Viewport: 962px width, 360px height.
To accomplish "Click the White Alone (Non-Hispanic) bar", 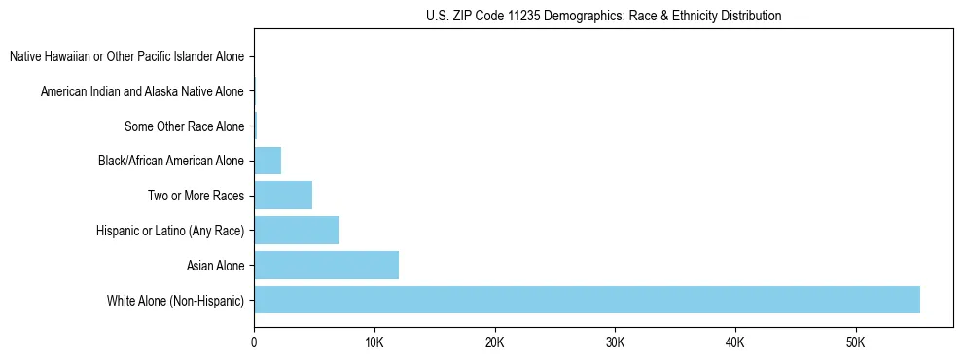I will click(x=587, y=300).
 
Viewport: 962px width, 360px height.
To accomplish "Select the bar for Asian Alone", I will click(x=326, y=265).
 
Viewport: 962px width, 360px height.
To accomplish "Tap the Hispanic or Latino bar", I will click(x=297, y=230).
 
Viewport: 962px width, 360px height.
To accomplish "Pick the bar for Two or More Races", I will click(x=283, y=195).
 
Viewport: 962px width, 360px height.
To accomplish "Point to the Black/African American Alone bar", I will click(x=267, y=161).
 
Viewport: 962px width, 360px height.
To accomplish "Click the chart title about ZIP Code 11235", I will click(x=603, y=16).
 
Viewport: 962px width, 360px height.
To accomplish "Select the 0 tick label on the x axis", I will click(x=254, y=342).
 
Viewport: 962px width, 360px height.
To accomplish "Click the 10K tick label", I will click(x=374, y=342).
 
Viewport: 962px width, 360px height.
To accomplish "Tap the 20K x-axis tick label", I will click(x=494, y=342).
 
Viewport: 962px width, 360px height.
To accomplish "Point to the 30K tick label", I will click(x=615, y=342).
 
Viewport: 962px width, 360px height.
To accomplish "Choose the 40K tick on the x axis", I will click(x=734, y=342).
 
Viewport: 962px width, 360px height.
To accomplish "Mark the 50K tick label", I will click(x=855, y=342).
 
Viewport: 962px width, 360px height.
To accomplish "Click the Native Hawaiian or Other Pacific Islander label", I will click(x=126, y=57).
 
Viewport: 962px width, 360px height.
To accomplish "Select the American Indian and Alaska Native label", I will click(x=142, y=91).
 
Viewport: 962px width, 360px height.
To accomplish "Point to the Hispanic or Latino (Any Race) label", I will click(x=170, y=231).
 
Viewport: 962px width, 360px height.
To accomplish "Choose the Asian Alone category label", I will click(x=215, y=265).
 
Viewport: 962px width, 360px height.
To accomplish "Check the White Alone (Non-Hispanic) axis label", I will click(x=176, y=300).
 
